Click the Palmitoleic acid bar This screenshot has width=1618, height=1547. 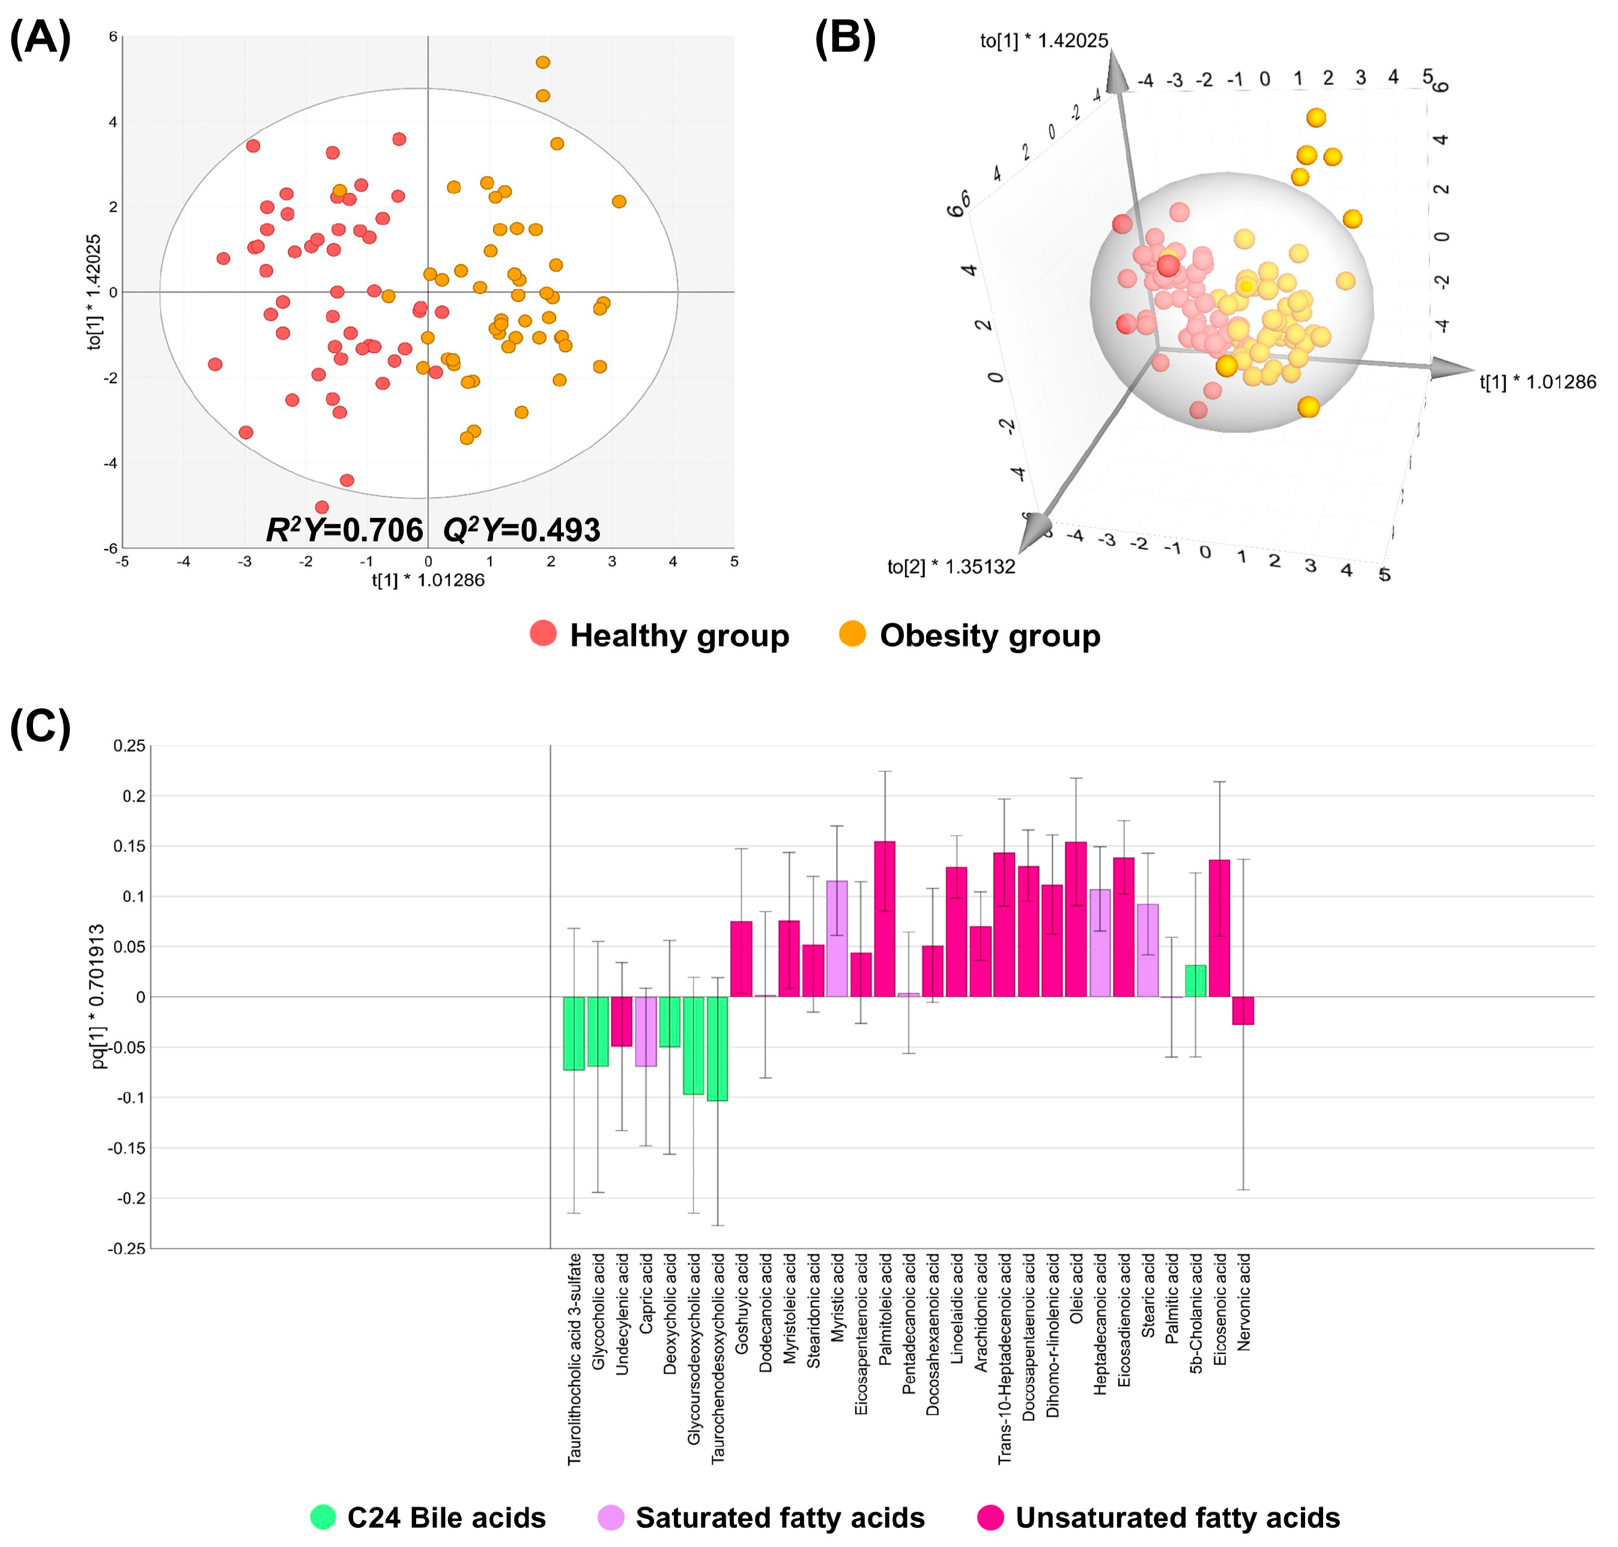(885, 919)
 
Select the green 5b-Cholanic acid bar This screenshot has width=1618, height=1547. (1195, 980)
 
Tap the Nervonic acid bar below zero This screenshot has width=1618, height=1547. (1243, 1010)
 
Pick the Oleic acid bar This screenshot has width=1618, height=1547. (1076, 919)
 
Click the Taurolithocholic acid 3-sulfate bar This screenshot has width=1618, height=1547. (574, 1033)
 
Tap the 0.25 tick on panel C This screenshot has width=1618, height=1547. (129, 746)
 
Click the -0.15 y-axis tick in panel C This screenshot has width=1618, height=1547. (127, 1148)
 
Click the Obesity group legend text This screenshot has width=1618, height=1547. (990, 635)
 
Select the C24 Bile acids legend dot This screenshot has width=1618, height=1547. (323, 1516)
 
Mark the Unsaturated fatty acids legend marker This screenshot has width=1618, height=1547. (990, 1516)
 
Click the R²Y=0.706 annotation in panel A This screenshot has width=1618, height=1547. (345, 529)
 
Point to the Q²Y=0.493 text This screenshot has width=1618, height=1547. (522, 529)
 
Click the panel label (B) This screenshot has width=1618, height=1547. (845, 39)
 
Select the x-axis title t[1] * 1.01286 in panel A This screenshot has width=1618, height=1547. (428, 580)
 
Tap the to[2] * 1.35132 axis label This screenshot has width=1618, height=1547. (951, 567)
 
